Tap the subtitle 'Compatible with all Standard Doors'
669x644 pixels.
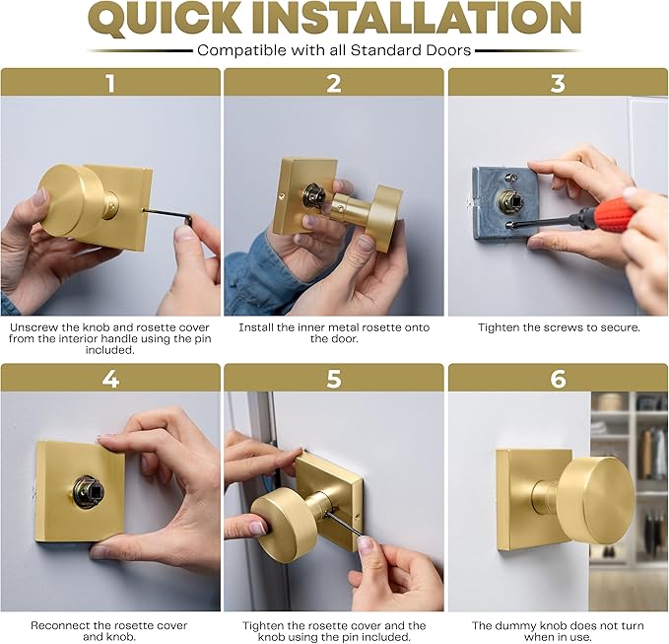(334, 50)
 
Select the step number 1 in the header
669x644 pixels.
(110, 83)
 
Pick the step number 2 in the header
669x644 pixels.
(334, 83)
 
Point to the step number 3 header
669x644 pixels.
(558, 83)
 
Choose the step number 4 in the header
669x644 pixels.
(110, 378)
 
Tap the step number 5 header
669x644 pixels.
(334, 378)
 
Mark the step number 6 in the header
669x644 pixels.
(558, 378)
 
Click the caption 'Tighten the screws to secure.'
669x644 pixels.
(559, 326)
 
